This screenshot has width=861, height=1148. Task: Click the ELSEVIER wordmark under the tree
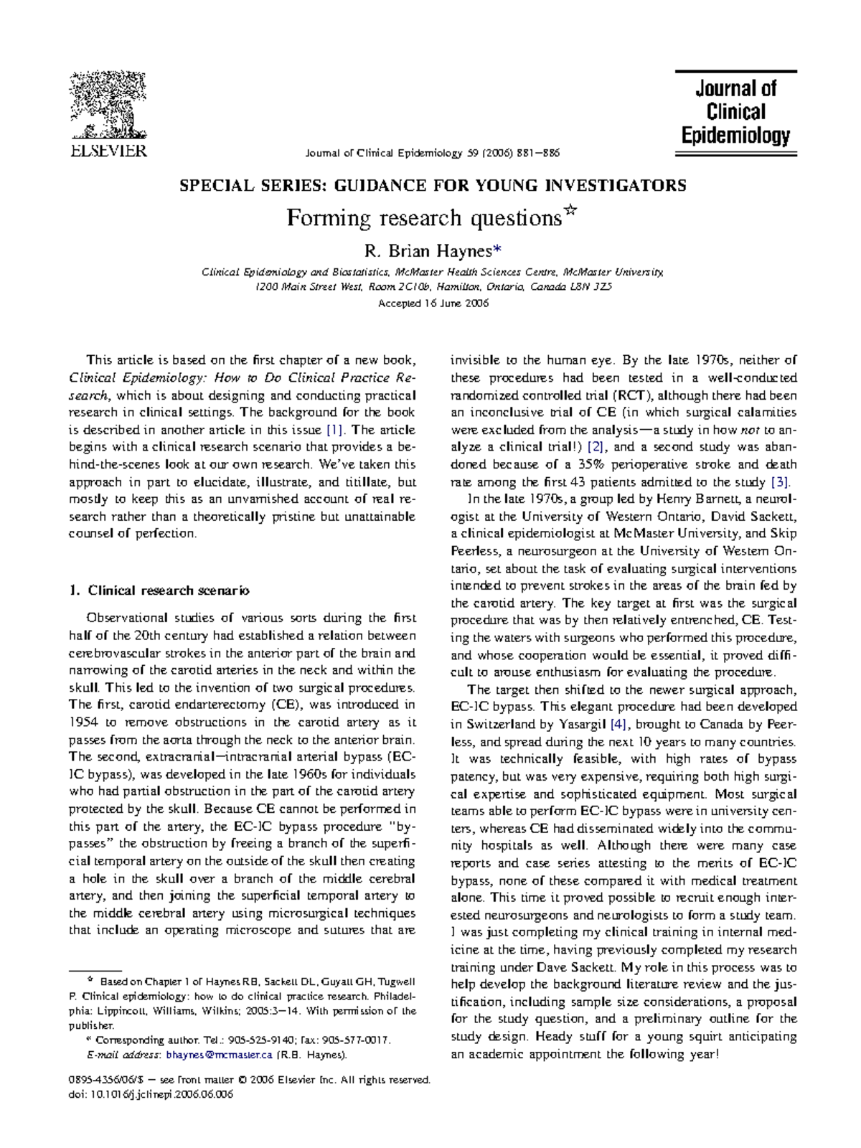pos(108,151)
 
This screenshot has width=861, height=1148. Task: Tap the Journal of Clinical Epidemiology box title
pos(735,112)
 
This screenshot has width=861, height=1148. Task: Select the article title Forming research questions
pos(423,217)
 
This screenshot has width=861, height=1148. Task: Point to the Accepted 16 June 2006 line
pos(433,304)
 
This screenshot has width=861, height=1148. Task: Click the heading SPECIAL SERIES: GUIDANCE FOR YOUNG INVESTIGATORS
pos(433,186)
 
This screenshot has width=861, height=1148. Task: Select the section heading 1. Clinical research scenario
pos(159,591)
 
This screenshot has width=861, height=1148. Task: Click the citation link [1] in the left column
pos(336,430)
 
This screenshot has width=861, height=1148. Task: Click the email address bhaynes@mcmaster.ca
pos(219,1055)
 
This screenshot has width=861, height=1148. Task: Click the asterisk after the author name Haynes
pos(497,250)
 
